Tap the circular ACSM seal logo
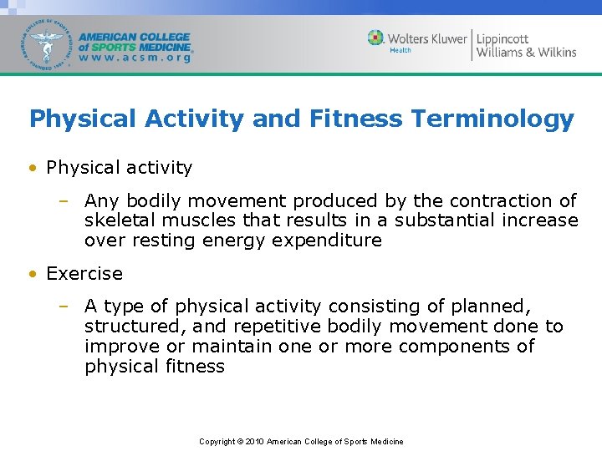47,43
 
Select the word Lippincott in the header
503,38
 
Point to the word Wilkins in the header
553,53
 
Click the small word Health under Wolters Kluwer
400,50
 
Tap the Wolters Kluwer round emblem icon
376,38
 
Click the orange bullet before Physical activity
32,168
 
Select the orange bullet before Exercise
32,274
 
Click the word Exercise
84,274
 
